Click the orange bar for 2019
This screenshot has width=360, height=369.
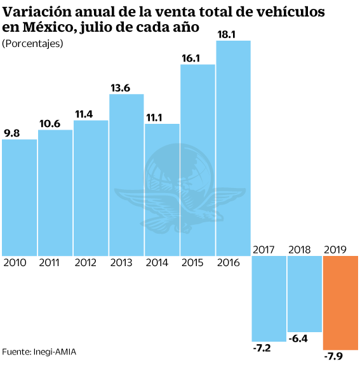tap(341, 302)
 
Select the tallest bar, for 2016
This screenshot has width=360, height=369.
tap(234, 148)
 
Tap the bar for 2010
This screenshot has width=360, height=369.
tap(19, 197)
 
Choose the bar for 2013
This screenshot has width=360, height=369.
tap(126, 175)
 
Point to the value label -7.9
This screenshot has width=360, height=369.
tap(334, 358)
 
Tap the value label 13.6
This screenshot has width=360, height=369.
tap(120, 88)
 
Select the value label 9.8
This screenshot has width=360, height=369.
tap(12, 133)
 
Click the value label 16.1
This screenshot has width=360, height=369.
tap(191, 58)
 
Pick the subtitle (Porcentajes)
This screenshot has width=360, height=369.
tap(32, 43)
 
